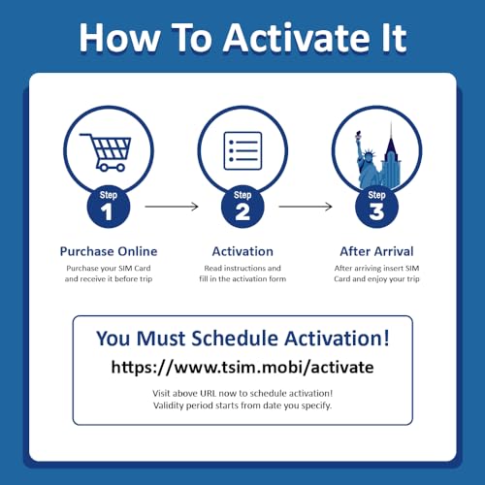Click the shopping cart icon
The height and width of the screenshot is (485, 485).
pos(106,152)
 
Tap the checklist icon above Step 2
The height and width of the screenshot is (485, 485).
pos(242,150)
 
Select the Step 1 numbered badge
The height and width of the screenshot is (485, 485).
pos(109,207)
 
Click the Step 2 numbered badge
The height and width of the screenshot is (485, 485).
pos(242,207)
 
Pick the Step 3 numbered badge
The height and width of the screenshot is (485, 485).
pos(376,207)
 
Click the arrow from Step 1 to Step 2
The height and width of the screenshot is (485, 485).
pos(172,207)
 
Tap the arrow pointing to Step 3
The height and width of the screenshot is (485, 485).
pos(306,207)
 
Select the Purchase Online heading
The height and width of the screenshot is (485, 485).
pos(109,251)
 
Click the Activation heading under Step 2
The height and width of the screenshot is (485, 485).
pos(242,251)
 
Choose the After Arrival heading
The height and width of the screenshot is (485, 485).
pos(376,251)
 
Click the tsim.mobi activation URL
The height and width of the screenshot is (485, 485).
pos(242,368)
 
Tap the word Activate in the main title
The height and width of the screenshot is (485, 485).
pos(298,38)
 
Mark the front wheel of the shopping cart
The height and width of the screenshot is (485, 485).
pos(120,168)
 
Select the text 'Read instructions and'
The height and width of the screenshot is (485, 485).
pos(242,268)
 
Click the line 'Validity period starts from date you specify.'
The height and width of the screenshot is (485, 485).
pos(242,405)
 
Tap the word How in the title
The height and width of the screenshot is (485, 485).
pos(119,38)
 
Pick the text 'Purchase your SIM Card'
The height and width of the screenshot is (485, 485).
pos(109,269)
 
